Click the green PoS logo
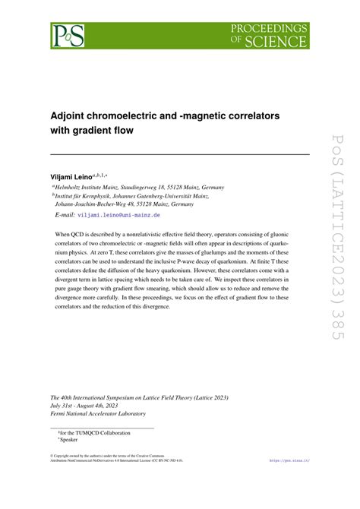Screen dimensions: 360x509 pyautogui.click(x=67, y=35)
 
